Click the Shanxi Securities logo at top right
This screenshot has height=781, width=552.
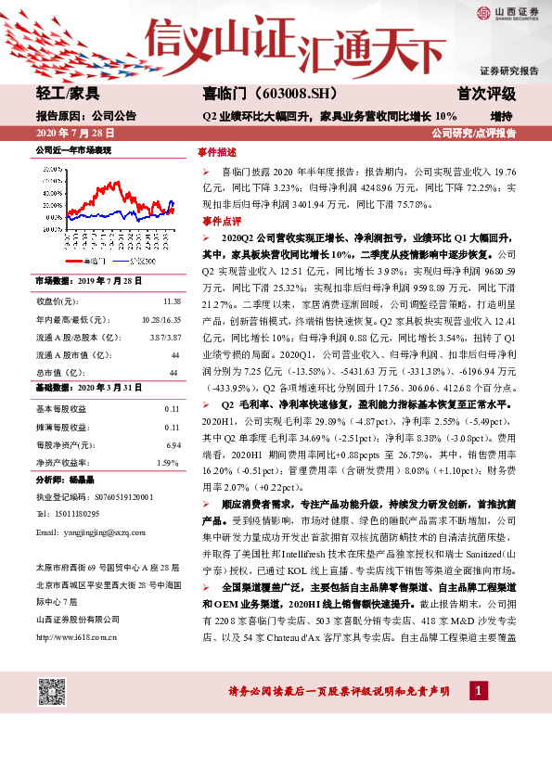(x=507, y=12)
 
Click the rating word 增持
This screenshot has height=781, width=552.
(x=501, y=116)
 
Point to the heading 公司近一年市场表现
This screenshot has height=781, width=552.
(x=72, y=149)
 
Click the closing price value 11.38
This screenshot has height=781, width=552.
(x=172, y=302)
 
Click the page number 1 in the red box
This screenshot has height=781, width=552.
(x=478, y=691)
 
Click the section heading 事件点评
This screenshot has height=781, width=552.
(x=217, y=223)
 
